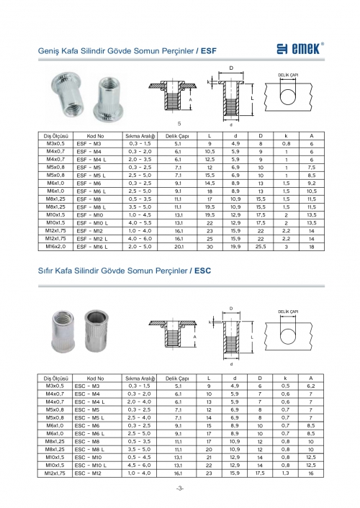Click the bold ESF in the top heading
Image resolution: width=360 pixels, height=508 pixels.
coord(209,51)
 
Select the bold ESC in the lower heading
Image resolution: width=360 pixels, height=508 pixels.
coord(203,271)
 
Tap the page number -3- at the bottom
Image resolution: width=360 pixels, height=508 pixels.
coord(180,489)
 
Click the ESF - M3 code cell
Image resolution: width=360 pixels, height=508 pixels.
coord(89,143)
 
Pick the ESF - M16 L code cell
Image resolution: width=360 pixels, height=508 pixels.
coord(92,247)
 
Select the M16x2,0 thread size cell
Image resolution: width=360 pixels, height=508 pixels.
coord(55,246)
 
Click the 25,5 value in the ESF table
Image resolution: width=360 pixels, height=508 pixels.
coord(261,247)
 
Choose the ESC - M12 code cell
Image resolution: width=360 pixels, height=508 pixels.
coord(88,473)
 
